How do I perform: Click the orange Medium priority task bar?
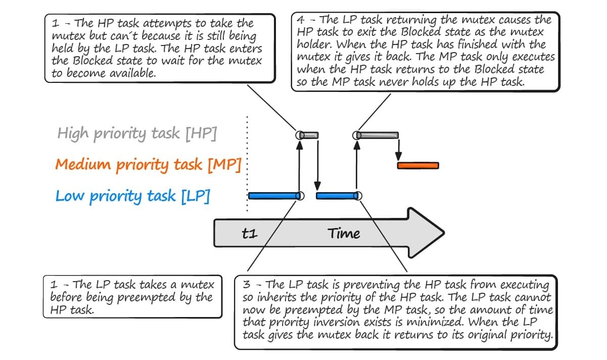[418, 165]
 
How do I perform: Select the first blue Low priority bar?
[273, 196]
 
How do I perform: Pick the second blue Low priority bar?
[337, 196]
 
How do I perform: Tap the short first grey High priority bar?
[309, 135]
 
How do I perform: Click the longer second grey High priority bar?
[378, 135]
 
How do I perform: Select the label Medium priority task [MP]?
[148, 165]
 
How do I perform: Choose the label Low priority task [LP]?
[132, 196]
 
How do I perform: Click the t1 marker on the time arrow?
[250, 234]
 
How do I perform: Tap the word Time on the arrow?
[344, 234]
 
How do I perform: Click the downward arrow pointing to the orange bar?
[398, 150]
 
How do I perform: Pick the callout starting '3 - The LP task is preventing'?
[396, 312]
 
